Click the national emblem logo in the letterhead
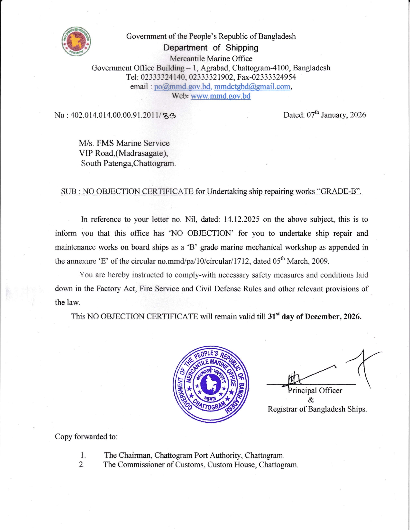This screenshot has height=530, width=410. pos(76,41)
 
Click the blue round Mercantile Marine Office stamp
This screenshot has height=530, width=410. pos(211,384)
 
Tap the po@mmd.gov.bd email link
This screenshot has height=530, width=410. pos(182,87)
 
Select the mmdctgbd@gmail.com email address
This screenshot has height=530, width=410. pos(252,87)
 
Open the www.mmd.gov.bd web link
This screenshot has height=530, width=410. pos(221,96)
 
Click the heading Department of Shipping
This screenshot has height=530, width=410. pos(211,48)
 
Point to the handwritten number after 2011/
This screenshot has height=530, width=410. pos(169,116)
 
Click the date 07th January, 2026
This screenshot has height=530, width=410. pos(336,115)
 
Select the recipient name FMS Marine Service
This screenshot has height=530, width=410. pos(133,143)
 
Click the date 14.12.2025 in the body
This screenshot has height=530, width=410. pos(241,219)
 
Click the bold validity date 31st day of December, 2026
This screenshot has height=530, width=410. pos(314,316)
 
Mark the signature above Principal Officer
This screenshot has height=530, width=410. pos(322,373)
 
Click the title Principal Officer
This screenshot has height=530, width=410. pos(315,391)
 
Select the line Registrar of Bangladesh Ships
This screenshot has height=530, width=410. pos(317,409)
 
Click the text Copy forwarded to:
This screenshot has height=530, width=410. pos(86,437)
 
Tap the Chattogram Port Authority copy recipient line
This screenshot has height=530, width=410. pos(194,455)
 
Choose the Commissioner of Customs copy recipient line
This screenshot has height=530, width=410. pos(201,465)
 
